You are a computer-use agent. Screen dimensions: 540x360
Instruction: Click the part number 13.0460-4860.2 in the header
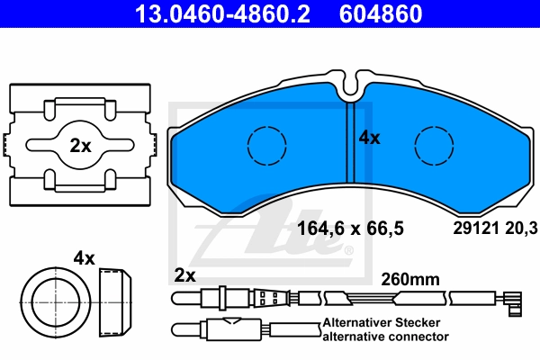click(x=222, y=13)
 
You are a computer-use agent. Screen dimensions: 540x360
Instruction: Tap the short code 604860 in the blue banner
click(x=381, y=13)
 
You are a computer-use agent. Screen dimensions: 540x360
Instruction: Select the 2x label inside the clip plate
click(x=81, y=146)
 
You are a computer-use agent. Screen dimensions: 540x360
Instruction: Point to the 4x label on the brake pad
click(x=370, y=138)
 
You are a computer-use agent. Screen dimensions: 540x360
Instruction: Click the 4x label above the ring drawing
click(x=84, y=258)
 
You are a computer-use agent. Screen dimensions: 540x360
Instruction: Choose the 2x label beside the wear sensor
click(x=184, y=275)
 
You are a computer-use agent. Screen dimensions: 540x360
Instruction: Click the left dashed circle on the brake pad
click(x=267, y=146)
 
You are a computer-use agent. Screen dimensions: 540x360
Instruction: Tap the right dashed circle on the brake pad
click(x=434, y=146)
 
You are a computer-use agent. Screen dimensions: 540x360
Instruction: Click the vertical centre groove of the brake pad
click(x=350, y=142)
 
